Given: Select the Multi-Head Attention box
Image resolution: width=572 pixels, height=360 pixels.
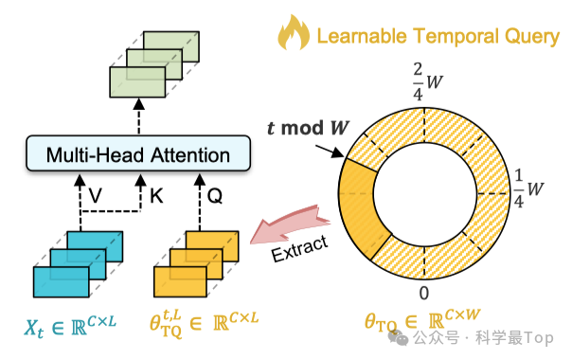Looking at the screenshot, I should pyautogui.click(x=139, y=154).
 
